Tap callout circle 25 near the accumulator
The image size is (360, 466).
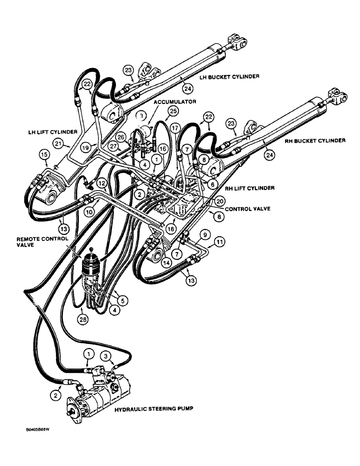tap(173, 111)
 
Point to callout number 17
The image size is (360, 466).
tap(175, 127)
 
